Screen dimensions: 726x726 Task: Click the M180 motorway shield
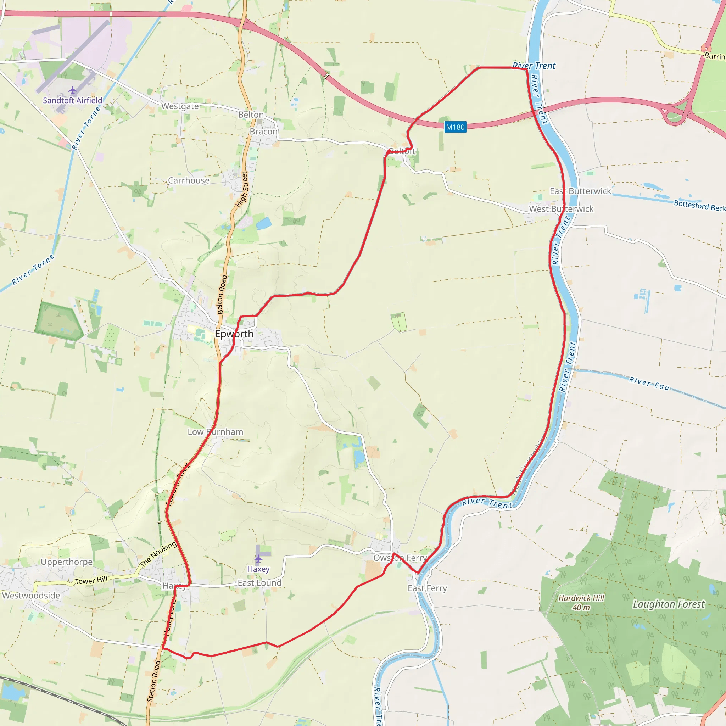click(455, 127)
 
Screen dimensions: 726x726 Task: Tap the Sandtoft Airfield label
click(73, 100)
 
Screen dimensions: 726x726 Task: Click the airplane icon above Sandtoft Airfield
click(73, 90)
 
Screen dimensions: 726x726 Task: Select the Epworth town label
click(234, 334)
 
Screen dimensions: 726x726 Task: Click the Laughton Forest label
click(669, 604)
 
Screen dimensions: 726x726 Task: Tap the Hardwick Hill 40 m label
click(581, 603)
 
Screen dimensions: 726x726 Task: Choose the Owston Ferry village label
click(400, 558)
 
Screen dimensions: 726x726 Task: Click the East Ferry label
click(427, 588)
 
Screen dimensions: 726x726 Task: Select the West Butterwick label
click(561, 209)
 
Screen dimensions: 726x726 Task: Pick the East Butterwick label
click(581, 191)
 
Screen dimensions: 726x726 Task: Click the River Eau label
click(649, 384)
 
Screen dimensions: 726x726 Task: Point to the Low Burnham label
click(215, 432)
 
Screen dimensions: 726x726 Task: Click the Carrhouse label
click(189, 181)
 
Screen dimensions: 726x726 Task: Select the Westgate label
click(180, 106)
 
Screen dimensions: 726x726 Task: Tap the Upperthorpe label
click(67, 562)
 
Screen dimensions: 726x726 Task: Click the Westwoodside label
click(31, 596)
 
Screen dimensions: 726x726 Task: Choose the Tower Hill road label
click(91, 581)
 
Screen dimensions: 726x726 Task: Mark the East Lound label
click(259, 583)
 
